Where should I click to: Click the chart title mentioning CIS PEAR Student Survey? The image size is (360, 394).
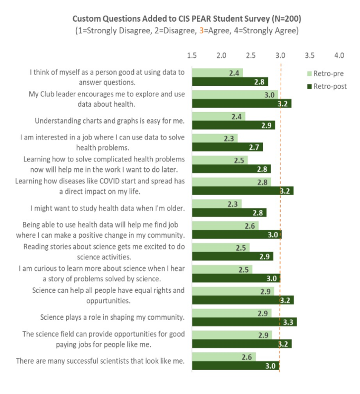click(x=186, y=18)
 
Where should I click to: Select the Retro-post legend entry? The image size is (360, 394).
click(x=327, y=86)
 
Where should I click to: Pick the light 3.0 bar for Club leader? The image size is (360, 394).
click(x=235, y=94)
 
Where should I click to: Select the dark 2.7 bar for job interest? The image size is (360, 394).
click(x=227, y=147)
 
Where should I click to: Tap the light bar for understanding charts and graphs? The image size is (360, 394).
click(x=218, y=116)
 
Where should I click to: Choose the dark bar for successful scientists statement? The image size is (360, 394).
click(x=236, y=366)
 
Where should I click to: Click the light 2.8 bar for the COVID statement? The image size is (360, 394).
click(x=231, y=182)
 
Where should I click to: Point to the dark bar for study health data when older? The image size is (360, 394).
click(x=229, y=213)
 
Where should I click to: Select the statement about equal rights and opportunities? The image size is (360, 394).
click(x=108, y=295)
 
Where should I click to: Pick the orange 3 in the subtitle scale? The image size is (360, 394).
click(x=215, y=30)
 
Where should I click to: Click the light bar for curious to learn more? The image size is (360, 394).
click(x=222, y=269)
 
